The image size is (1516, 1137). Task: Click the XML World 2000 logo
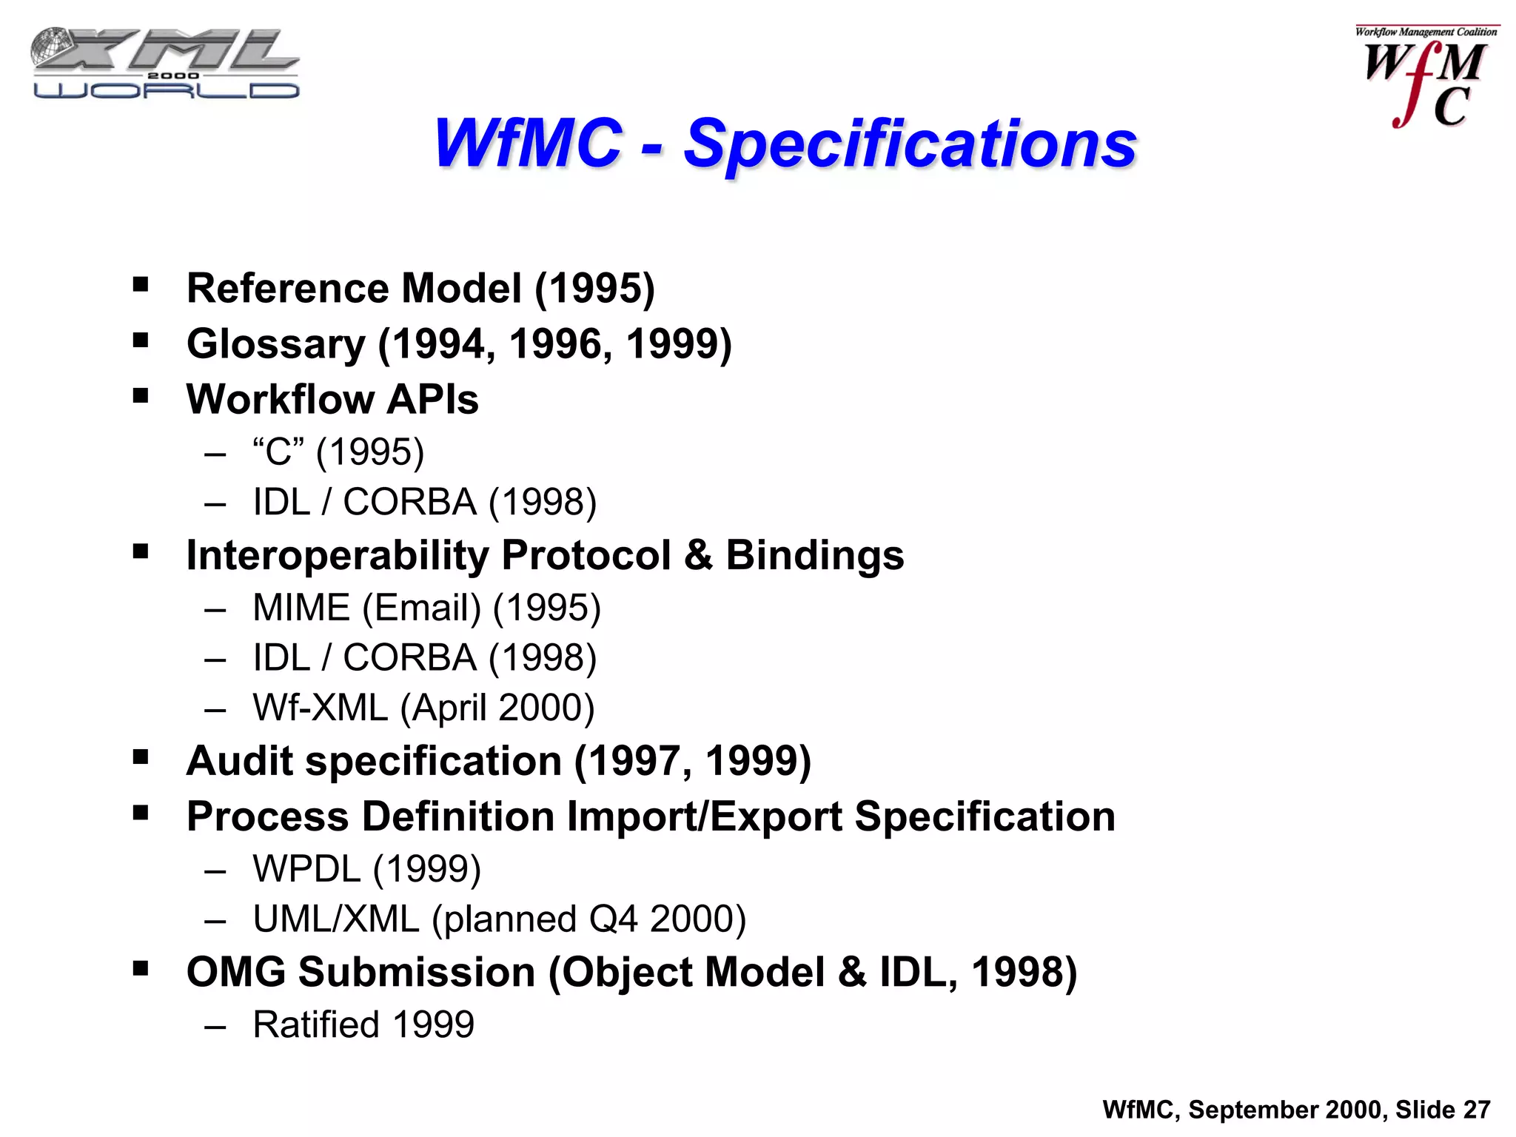(x=165, y=64)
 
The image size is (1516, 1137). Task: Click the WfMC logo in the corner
(x=1425, y=78)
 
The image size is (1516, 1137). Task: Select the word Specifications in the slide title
(x=909, y=144)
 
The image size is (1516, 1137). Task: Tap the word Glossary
(x=276, y=345)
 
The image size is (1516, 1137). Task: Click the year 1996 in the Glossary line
(x=560, y=344)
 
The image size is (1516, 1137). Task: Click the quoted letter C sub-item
(x=278, y=452)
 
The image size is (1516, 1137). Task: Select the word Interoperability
(x=338, y=556)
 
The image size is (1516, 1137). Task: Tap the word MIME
(x=301, y=608)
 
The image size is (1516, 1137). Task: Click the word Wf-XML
(x=320, y=708)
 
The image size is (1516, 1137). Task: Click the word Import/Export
(x=704, y=817)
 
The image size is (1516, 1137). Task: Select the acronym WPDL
(x=306, y=869)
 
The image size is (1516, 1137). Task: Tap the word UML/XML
(x=336, y=919)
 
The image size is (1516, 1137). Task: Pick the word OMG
(x=235, y=972)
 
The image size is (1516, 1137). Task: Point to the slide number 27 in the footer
(x=1476, y=1110)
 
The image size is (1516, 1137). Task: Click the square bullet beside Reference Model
(x=141, y=285)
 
